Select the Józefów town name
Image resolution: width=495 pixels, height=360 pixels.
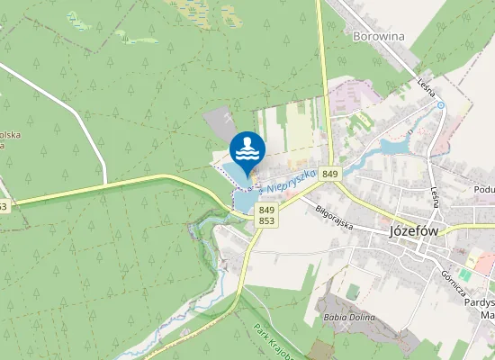(x=413, y=229)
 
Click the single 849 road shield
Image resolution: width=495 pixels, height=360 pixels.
(x=330, y=173)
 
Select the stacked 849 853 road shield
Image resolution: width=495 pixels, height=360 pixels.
(x=266, y=214)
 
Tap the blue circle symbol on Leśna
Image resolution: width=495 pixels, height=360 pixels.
(x=441, y=105)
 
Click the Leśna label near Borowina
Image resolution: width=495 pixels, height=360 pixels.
(x=427, y=86)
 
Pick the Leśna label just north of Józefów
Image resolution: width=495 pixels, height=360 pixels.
(x=435, y=197)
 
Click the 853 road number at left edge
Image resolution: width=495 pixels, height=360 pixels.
(x=4, y=207)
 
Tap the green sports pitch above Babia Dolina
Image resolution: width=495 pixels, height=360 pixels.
(x=353, y=292)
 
